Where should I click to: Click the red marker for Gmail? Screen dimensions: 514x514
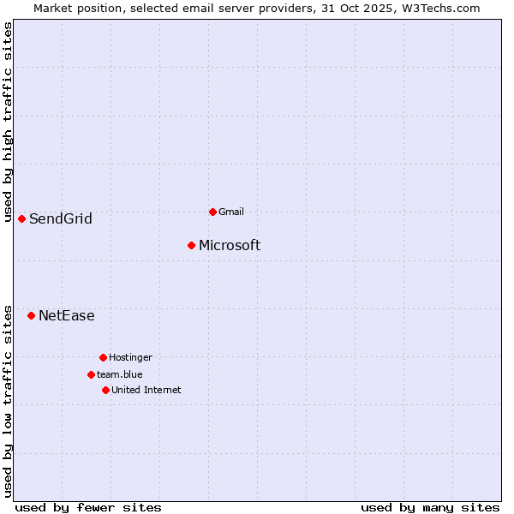coord(212,212)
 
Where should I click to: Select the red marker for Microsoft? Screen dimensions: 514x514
coord(192,246)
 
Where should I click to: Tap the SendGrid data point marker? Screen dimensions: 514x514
coord(22,218)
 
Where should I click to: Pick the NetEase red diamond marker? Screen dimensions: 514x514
coord(32,316)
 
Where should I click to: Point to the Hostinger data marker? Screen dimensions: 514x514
coord(103,357)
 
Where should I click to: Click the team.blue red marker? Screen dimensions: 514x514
coord(91,374)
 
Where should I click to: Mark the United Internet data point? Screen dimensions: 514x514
coord(105,390)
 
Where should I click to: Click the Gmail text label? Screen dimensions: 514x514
coord(231,212)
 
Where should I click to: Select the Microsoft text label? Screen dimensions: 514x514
coord(230,246)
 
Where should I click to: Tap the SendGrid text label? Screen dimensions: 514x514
coord(61,219)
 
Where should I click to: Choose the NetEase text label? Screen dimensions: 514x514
coord(67,316)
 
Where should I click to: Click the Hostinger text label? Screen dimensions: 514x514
coord(130,357)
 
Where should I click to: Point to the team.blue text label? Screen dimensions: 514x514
coord(120,374)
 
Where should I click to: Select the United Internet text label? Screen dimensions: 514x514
coord(146,390)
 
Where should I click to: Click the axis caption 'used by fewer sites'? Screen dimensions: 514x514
coord(88,507)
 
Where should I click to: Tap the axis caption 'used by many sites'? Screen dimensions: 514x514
coord(430,507)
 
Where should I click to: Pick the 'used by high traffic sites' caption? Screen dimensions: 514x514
coord(8,122)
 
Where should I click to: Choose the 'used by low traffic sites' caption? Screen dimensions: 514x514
coord(8,401)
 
